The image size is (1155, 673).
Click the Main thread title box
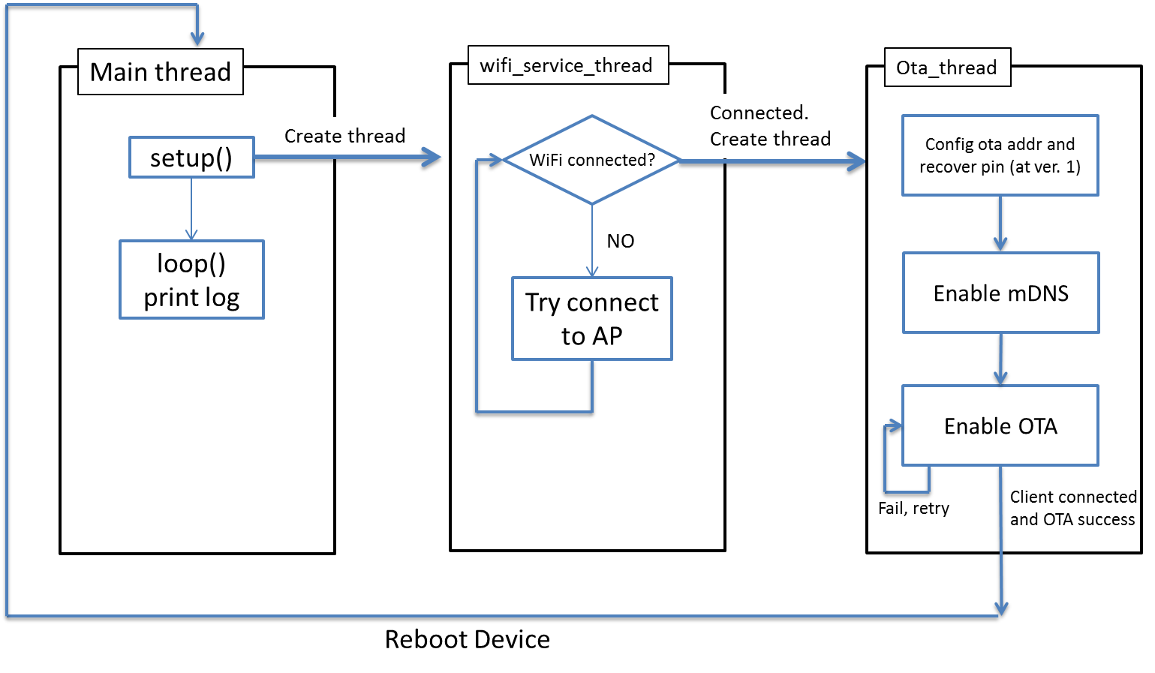pyautogui.click(x=161, y=71)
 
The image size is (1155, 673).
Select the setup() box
pyautogui.click(x=191, y=157)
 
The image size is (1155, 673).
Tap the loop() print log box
pyautogui.click(x=192, y=279)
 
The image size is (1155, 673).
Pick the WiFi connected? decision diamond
pyautogui.click(x=592, y=160)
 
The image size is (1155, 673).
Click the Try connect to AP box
pyautogui.click(x=592, y=318)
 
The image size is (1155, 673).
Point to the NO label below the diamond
pyautogui.click(x=621, y=241)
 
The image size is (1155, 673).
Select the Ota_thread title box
pyautogui.click(x=948, y=67)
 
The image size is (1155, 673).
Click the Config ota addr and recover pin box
pyautogui.click(x=1000, y=155)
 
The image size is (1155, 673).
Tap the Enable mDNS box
pyautogui.click(x=1001, y=293)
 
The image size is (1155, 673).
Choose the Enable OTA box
pyautogui.click(x=1000, y=425)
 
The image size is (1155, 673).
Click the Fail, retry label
pyautogui.click(x=913, y=509)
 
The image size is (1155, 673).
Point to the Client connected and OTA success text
pyautogui.click(x=1073, y=508)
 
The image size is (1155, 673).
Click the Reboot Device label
pyautogui.click(x=467, y=639)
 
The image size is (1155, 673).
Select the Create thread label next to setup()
pyautogui.click(x=345, y=136)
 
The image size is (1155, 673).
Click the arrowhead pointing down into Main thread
pyautogui.click(x=197, y=39)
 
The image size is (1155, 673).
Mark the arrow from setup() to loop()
pyautogui.click(x=191, y=209)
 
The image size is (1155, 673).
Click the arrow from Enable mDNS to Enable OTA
pyautogui.click(x=1001, y=359)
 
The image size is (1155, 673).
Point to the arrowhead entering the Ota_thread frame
pyautogui.click(x=856, y=161)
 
